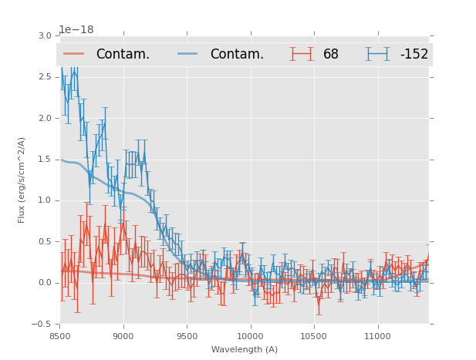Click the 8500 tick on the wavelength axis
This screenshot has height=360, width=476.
tap(60, 336)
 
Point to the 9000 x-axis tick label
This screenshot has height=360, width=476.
tap(123, 336)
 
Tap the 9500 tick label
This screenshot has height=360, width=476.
tap(187, 336)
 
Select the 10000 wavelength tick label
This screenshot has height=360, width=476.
tap(250, 336)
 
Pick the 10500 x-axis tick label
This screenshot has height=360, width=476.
tap(313, 336)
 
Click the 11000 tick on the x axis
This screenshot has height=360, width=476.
tap(377, 336)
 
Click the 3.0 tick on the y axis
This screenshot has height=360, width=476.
tap(45, 36)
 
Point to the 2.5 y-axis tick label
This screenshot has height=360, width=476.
tap(45, 77)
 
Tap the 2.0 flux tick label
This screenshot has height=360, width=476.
tap(45, 118)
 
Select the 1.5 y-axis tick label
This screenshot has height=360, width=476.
tap(45, 160)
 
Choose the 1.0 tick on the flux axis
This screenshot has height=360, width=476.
tap(45, 200)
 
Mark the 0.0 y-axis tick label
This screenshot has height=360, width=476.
tap(45, 283)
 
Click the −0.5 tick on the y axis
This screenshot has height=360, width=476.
tap(42, 324)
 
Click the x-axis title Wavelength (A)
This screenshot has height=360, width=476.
tap(245, 350)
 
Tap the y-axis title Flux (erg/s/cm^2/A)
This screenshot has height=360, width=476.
tap(22, 180)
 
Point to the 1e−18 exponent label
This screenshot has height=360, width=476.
tap(76, 29)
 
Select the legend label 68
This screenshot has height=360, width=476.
tap(331, 55)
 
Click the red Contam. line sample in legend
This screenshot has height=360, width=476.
tap(74, 54)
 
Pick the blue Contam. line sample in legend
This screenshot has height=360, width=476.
tap(189, 54)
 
